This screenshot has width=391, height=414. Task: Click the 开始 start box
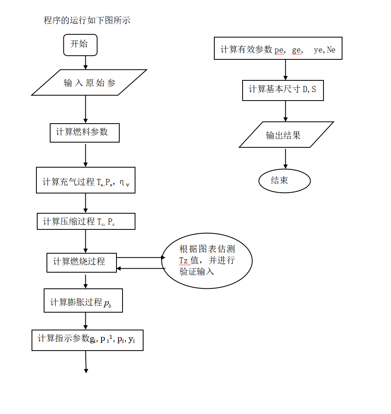click(x=80, y=45)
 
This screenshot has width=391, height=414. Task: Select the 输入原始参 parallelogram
click(x=89, y=82)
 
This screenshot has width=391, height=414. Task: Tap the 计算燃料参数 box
click(x=85, y=132)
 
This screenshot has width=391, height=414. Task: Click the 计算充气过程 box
click(x=85, y=180)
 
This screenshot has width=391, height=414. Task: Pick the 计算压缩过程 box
click(x=86, y=221)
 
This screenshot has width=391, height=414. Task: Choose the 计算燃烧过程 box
click(x=81, y=263)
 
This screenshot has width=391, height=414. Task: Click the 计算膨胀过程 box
click(x=83, y=301)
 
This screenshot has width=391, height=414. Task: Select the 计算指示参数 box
click(x=87, y=340)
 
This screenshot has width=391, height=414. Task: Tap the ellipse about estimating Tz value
click(x=207, y=261)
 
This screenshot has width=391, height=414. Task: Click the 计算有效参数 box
click(x=278, y=48)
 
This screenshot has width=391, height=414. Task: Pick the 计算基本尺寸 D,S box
click(x=283, y=90)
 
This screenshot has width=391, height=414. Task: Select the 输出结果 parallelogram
click(x=286, y=134)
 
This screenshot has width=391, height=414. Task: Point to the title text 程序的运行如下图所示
click(x=87, y=20)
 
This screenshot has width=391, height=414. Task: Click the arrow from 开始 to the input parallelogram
click(x=85, y=62)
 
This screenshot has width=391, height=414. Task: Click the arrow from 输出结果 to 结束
click(x=285, y=158)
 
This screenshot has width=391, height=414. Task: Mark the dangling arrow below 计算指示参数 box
click(x=86, y=361)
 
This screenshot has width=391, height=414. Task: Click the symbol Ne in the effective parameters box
click(x=331, y=50)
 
